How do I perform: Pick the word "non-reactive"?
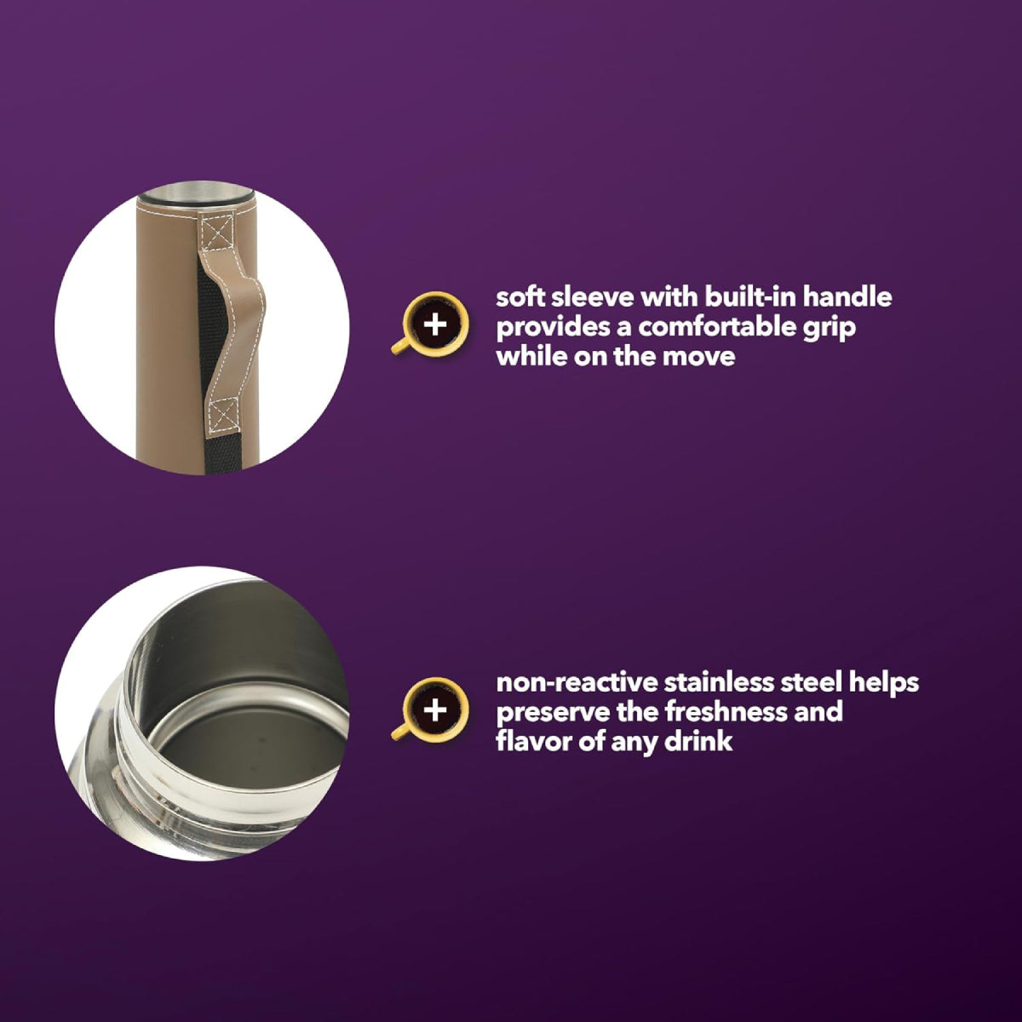pyautogui.click(x=577, y=684)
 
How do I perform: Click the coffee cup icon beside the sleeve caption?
pyautogui.click(x=430, y=324)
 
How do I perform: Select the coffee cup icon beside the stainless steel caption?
pyautogui.click(x=430, y=709)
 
